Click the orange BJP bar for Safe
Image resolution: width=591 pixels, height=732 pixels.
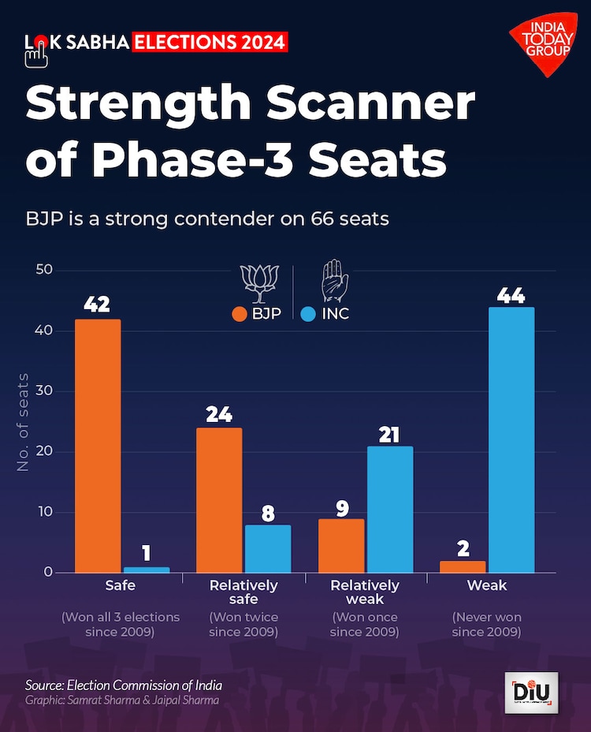(x=98, y=446)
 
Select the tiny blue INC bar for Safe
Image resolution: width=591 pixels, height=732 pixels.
(x=147, y=570)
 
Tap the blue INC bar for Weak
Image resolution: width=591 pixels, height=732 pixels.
(x=511, y=439)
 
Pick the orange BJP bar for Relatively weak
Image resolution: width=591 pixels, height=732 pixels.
(x=341, y=545)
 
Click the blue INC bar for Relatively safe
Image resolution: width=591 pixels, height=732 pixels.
(x=267, y=548)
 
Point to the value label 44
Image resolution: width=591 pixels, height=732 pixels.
(x=511, y=297)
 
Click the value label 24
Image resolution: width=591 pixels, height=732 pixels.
(x=219, y=415)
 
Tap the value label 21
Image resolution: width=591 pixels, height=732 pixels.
(x=389, y=434)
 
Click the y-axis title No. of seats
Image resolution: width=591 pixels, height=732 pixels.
(x=24, y=423)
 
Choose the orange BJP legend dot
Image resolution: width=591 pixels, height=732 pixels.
(x=240, y=314)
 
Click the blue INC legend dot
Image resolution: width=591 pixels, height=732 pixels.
(x=308, y=314)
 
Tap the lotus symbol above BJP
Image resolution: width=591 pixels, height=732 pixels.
(x=258, y=283)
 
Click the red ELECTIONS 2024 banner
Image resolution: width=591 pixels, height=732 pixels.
(x=210, y=42)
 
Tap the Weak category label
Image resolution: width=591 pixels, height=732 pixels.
(x=487, y=586)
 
